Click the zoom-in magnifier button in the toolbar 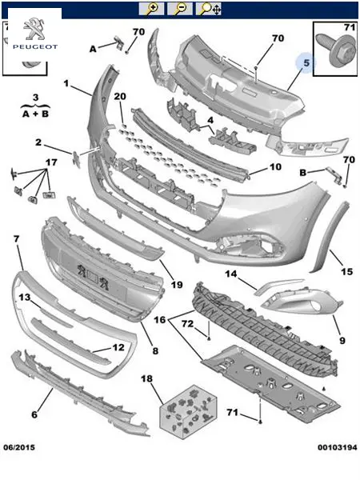(151, 9)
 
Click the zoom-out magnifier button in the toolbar (180, 9)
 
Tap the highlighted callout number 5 (306, 63)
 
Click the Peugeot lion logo (34, 29)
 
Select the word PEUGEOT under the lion (35, 47)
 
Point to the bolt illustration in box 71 (334, 50)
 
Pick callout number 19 (177, 285)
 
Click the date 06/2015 (19, 447)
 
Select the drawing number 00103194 (338, 447)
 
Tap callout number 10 (275, 167)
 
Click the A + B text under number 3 (35, 114)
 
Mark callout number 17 (51, 162)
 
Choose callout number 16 (159, 320)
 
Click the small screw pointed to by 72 (209, 338)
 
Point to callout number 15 (347, 271)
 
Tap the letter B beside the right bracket (302, 173)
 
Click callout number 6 (34, 414)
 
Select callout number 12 (118, 347)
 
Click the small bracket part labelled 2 (76, 159)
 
